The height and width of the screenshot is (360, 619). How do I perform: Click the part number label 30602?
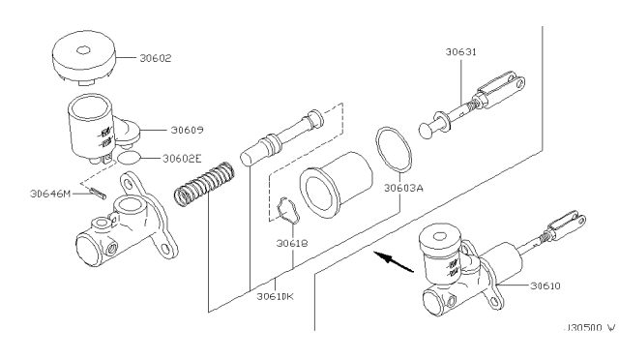[x=156, y=58]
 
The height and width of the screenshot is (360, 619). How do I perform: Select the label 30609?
[x=187, y=130]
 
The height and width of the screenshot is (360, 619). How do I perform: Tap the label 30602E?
[x=182, y=159]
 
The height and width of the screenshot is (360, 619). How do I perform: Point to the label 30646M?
[x=50, y=194]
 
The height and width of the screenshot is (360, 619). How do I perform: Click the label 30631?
[x=461, y=51]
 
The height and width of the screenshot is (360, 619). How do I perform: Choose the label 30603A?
[x=403, y=188]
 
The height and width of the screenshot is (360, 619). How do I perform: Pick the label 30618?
[x=292, y=244]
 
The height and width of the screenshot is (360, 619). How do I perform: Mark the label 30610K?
[x=275, y=296]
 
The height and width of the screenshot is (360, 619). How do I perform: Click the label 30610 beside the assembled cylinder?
[x=545, y=285]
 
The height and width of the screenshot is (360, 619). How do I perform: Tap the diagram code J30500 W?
[x=589, y=328]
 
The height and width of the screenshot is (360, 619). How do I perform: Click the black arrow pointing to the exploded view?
[x=394, y=261]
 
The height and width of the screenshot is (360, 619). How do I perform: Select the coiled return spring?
[x=204, y=184]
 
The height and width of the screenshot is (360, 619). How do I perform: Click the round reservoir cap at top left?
[x=84, y=57]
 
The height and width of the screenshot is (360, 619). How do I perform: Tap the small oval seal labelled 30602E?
[x=129, y=158]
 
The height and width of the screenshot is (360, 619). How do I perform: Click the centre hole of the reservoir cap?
[x=83, y=50]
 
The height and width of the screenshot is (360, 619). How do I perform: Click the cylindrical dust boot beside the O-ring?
[x=336, y=185]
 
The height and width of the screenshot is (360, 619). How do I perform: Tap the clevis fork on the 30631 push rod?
[x=501, y=89]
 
